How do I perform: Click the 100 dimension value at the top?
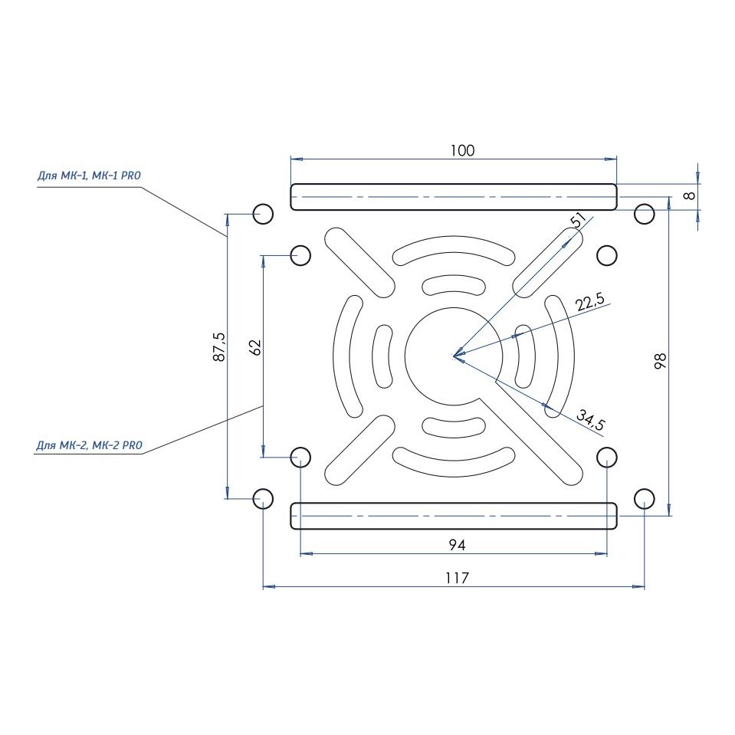point(462,150)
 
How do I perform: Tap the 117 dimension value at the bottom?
point(457,578)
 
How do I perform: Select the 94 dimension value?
point(457,545)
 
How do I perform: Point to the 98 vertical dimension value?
point(661,361)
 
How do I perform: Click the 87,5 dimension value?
point(219,347)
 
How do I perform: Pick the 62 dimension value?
point(256,347)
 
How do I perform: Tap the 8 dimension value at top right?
point(690,196)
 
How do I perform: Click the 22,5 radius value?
point(590,302)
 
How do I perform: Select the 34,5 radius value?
point(591,420)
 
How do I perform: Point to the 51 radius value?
point(579,220)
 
